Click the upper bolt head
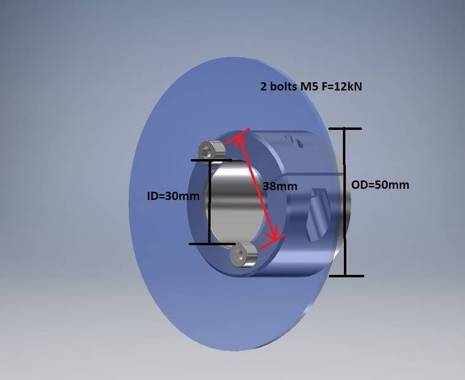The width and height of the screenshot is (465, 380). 210,150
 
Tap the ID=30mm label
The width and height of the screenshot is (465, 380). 173,196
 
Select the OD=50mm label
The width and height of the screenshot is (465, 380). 380,185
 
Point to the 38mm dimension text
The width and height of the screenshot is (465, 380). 279,187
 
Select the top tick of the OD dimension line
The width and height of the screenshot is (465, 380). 345,129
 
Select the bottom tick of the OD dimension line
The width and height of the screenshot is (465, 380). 345,275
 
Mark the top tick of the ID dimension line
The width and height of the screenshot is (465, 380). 209,161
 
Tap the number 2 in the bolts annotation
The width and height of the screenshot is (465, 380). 264,87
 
